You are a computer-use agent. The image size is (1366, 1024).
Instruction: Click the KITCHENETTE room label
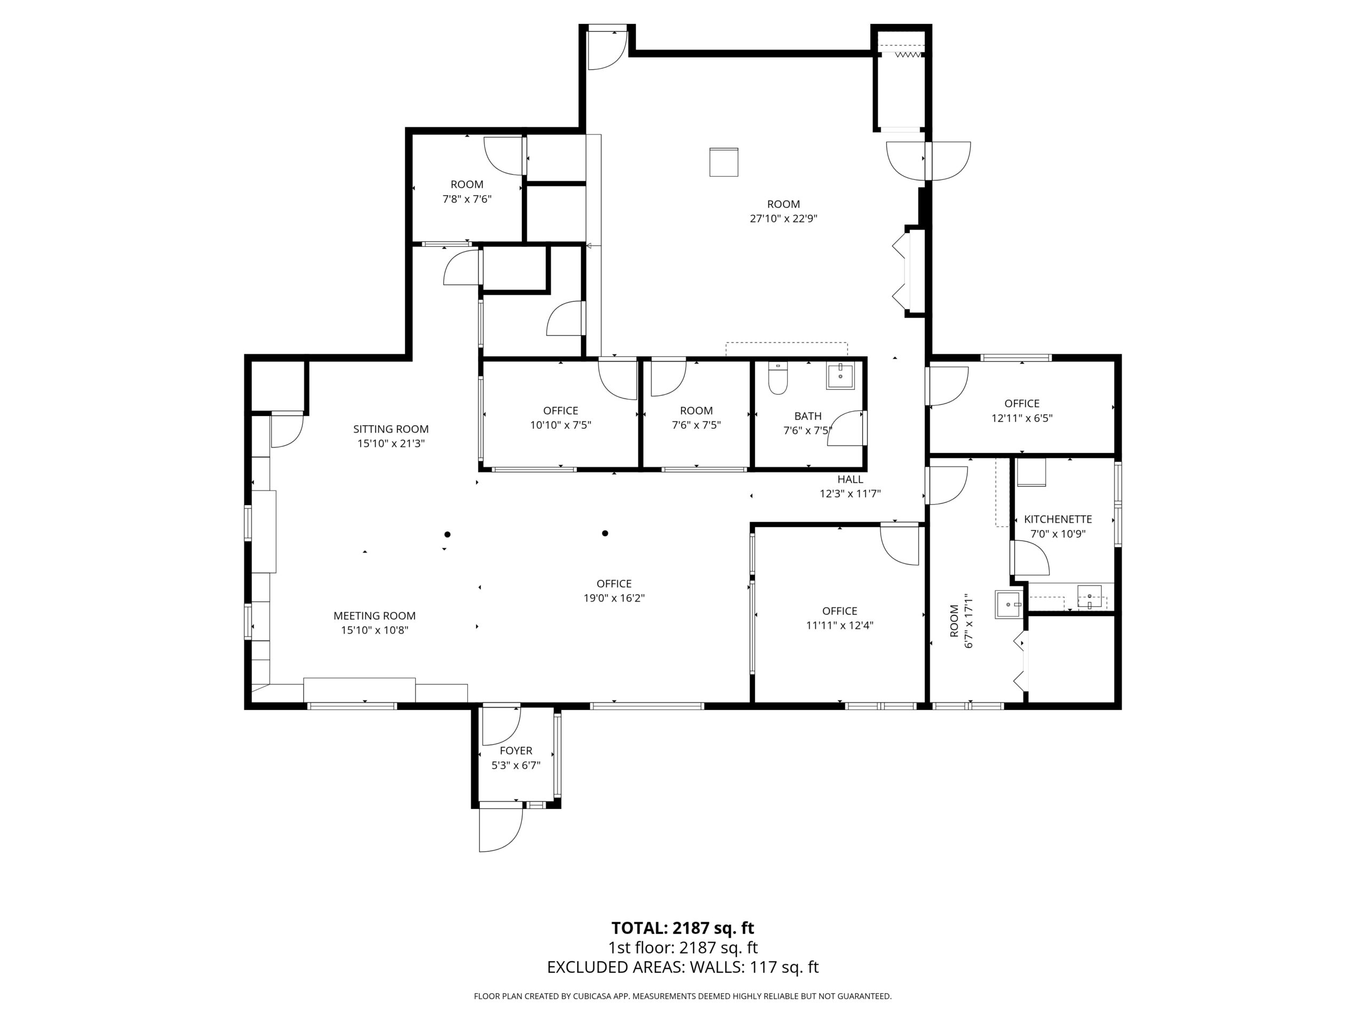(x=1057, y=519)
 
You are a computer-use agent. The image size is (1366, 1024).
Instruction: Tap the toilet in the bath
(x=777, y=378)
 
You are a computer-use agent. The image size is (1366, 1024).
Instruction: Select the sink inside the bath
(x=840, y=377)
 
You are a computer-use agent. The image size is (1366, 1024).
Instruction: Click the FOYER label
(x=515, y=750)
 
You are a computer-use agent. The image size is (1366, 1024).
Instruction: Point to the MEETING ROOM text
(x=374, y=615)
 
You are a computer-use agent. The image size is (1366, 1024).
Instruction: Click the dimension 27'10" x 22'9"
(x=783, y=219)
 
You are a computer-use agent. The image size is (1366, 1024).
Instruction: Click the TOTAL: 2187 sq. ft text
(x=682, y=927)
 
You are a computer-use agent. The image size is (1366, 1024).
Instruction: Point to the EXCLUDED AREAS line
(x=682, y=967)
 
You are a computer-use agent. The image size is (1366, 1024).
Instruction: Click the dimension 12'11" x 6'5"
(x=1021, y=418)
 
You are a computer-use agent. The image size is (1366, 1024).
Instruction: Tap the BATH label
(x=808, y=416)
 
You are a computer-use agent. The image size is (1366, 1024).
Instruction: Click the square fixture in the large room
(x=723, y=162)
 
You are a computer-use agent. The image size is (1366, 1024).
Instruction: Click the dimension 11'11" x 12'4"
(x=839, y=625)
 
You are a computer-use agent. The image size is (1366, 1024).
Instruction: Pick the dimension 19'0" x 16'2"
(x=614, y=598)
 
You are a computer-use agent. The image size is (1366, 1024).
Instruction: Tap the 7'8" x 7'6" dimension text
(x=466, y=199)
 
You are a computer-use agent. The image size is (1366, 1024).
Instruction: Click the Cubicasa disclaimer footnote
(x=682, y=996)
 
